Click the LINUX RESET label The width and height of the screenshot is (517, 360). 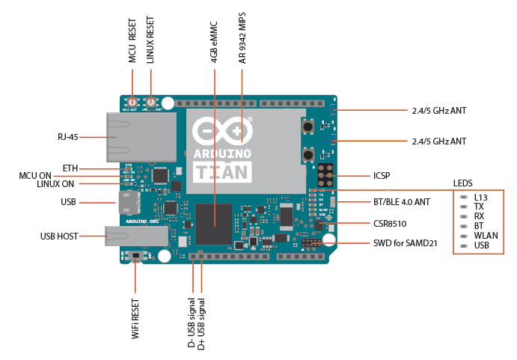pyautogui.click(x=151, y=41)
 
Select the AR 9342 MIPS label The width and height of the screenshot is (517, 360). pyautogui.click(x=242, y=38)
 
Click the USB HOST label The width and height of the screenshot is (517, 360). pyautogui.click(x=59, y=237)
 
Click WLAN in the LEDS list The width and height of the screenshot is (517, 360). pyautogui.click(x=486, y=235)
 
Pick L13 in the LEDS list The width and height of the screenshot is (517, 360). pyautogui.click(x=481, y=197)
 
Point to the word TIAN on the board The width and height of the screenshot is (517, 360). pyautogui.click(x=222, y=171)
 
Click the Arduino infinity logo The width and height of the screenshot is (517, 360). pyautogui.click(x=222, y=131)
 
